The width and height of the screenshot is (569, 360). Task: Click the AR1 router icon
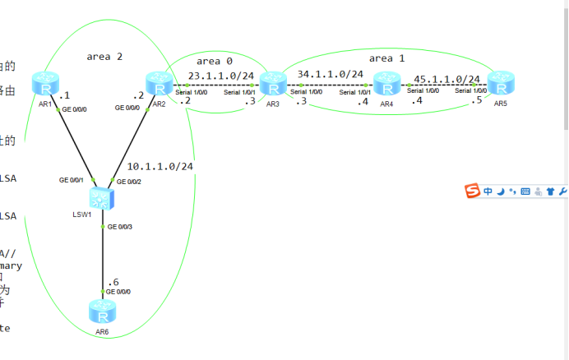click(44, 84)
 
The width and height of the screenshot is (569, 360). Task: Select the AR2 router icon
click(158, 84)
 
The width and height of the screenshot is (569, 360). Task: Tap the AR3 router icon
click(272, 84)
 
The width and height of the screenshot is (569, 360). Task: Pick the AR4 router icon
click(386, 84)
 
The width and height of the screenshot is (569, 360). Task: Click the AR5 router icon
click(500, 84)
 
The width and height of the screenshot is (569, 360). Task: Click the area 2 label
click(104, 57)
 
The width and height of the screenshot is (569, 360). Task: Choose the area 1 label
click(386, 58)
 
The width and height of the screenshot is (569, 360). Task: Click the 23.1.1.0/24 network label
click(221, 76)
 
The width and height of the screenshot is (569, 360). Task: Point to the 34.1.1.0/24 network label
click(331, 74)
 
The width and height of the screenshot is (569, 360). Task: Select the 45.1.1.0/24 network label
click(446, 80)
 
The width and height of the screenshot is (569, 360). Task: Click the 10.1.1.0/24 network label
click(160, 166)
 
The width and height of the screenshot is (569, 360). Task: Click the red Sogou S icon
click(472, 192)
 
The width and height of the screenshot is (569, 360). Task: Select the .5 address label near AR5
click(476, 101)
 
